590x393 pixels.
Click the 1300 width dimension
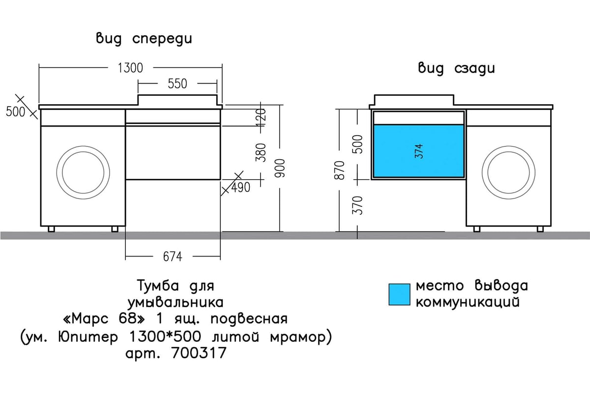(130, 68)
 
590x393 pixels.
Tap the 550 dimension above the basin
(177, 84)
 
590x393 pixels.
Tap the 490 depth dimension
(241, 187)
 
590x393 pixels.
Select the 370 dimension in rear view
(358, 205)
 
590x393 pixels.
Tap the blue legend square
(399, 294)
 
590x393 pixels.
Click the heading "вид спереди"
(144, 40)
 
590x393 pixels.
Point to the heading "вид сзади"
(456, 68)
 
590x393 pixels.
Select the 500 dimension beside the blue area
(358, 144)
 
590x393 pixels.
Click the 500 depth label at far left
(16, 112)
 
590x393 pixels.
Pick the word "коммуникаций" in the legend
(468, 301)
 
